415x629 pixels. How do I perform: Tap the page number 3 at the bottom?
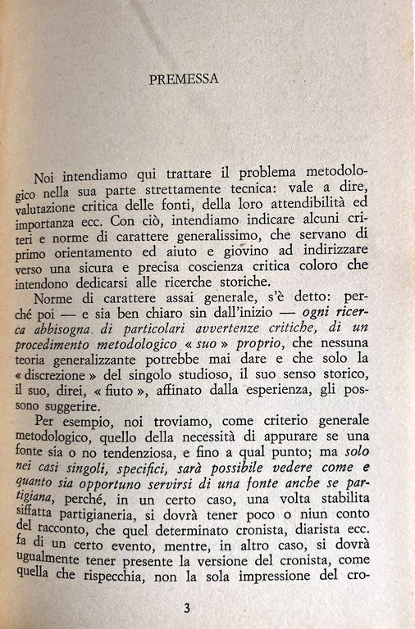(x=187, y=607)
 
